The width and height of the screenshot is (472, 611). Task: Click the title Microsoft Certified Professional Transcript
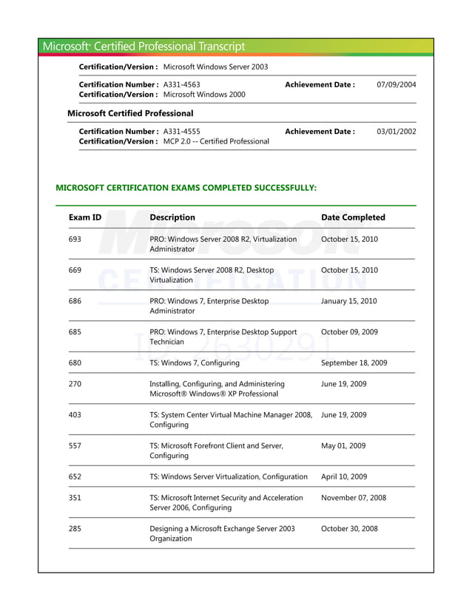[144, 47]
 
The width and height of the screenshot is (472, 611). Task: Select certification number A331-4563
[181, 85]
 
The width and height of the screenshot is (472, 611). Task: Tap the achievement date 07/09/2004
[396, 85]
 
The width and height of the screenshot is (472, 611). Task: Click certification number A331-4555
[181, 132]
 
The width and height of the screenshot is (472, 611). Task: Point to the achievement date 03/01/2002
[396, 132]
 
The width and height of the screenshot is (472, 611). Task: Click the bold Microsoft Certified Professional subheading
[130, 113]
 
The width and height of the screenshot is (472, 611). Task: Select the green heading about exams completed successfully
[186, 188]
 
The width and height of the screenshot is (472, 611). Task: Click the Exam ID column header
[84, 217]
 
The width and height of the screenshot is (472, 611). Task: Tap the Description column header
[172, 217]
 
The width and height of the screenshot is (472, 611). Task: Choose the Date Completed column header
[353, 217]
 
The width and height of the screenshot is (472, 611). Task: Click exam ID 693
[75, 240]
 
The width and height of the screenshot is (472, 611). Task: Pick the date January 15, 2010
[348, 302]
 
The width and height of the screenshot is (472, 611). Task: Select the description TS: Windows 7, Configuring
[195, 363]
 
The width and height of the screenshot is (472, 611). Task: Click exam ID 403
[75, 416]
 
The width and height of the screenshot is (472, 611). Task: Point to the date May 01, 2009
[343, 446]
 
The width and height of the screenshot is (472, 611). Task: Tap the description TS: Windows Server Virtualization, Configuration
[228, 477]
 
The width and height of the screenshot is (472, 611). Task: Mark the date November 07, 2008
[353, 499]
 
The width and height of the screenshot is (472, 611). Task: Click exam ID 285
[75, 529]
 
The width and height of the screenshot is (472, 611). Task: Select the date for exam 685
[349, 332]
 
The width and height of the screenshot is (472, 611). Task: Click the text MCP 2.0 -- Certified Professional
[216, 141]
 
